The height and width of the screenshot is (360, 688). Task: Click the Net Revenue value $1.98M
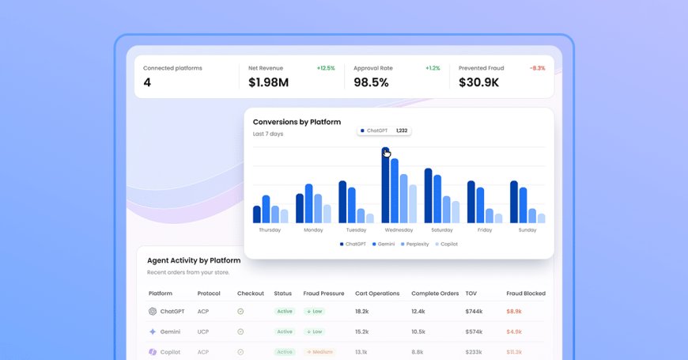pyautogui.click(x=268, y=82)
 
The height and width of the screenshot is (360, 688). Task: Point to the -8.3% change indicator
pyautogui.click(x=537, y=68)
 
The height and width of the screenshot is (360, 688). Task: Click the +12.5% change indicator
pyautogui.click(x=325, y=68)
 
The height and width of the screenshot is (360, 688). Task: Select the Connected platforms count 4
pyautogui.click(x=147, y=82)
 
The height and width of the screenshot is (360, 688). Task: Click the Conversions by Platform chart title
pyautogui.click(x=297, y=122)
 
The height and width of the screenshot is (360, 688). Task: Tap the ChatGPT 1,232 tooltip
pyautogui.click(x=384, y=131)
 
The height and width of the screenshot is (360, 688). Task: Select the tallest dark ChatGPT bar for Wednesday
pyautogui.click(x=385, y=186)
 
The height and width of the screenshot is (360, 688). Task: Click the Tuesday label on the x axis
pyautogui.click(x=356, y=230)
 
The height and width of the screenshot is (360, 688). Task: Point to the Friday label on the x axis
pyautogui.click(x=485, y=230)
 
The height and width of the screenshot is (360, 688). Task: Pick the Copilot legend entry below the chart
pyautogui.click(x=446, y=244)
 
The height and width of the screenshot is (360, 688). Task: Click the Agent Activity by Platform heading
pyautogui.click(x=194, y=260)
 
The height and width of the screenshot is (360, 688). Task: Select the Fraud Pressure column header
pyautogui.click(x=323, y=294)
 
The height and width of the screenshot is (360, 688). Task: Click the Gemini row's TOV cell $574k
pyautogui.click(x=474, y=332)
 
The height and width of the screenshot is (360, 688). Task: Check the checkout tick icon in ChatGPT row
pyautogui.click(x=240, y=312)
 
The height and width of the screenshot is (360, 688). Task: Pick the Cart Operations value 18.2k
pyautogui.click(x=362, y=312)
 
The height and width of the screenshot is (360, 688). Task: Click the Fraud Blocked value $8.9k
pyautogui.click(x=514, y=312)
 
